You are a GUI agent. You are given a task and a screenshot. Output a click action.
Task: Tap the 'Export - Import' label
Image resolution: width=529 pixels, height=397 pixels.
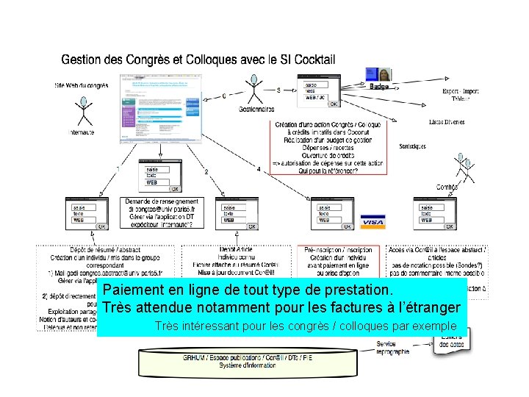coord(460,91)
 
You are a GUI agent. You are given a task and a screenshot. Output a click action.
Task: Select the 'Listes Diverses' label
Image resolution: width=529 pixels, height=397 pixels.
coord(446,122)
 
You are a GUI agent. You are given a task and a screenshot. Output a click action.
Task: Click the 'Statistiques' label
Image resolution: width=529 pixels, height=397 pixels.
coord(412,146)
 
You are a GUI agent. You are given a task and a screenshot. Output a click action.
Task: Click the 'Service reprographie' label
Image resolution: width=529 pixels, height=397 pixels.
coord(392,348)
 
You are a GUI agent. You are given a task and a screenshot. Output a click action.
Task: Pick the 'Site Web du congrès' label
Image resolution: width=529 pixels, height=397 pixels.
coord(82,85)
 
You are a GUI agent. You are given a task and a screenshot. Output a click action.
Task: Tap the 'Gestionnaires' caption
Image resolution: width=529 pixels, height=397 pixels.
coord(256,110)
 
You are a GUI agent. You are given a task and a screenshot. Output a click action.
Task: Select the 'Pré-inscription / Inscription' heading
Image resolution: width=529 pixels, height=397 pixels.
coord(339,250)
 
